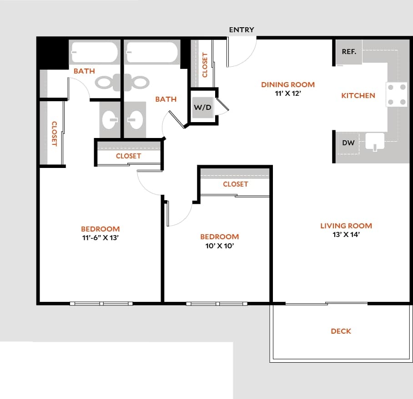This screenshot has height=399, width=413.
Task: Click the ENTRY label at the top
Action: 242,30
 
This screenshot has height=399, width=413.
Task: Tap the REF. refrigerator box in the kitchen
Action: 349,52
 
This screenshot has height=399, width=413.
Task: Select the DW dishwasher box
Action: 348,143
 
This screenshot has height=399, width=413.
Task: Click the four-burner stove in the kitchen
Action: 396,94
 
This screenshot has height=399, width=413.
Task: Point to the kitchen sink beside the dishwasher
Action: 375,142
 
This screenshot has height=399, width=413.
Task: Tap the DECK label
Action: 341,331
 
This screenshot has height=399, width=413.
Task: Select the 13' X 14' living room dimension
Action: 346,235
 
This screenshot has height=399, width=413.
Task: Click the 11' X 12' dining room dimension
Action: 288,93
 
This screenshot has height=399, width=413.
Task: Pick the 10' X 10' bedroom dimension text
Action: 219,246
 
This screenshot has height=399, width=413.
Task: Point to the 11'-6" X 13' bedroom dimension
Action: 100,238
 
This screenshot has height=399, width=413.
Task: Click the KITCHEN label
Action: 358,96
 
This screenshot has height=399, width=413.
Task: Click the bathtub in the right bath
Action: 152,52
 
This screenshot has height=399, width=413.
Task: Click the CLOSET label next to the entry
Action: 205,65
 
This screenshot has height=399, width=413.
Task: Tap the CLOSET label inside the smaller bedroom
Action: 235,184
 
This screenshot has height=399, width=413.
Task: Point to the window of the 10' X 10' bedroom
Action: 217,303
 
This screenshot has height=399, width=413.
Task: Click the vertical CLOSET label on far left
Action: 54,133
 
